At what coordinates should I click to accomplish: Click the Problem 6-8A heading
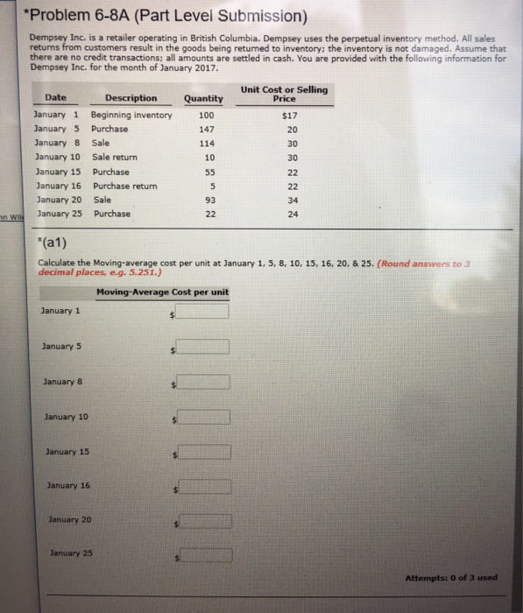point(166,17)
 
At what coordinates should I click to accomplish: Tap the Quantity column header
point(203,99)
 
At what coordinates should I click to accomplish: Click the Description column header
point(131,98)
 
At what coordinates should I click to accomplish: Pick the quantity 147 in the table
point(206,129)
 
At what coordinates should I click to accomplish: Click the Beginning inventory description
point(131,115)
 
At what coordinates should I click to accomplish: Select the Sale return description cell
point(115,157)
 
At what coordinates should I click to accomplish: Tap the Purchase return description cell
point(124,186)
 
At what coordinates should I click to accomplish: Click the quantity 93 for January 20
point(207,200)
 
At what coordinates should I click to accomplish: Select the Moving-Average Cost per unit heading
point(163,292)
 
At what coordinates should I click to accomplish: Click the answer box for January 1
point(203,311)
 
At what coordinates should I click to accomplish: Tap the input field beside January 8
point(204,382)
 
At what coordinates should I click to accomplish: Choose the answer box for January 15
point(204,453)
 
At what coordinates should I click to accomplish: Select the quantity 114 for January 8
point(206,143)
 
